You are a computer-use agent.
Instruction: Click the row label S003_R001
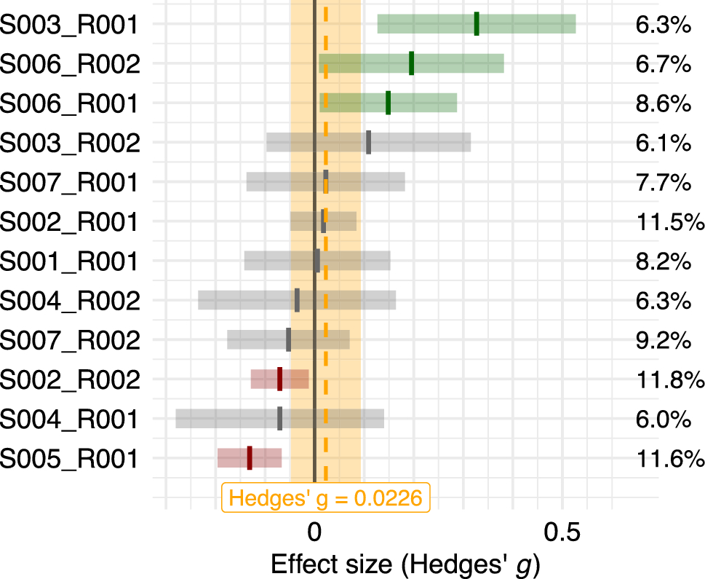coord(69,25)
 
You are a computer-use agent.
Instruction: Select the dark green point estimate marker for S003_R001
coord(477,24)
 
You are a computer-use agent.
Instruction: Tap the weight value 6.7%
coord(662,65)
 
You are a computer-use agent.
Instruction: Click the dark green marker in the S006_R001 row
coord(388,103)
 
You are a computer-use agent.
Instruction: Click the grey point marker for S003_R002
coord(368,142)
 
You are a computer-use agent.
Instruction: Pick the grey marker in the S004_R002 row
coord(297,300)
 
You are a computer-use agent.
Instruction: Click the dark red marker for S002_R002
coord(279,379)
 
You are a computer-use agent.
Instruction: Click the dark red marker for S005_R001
coord(250,457)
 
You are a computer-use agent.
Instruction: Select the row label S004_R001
coord(69,419)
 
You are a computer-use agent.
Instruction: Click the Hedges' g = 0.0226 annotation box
coord(325,498)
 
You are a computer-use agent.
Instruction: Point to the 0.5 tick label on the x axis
coord(562,532)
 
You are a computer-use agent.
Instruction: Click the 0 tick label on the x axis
coord(314,532)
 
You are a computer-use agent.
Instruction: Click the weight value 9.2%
coord(662,340)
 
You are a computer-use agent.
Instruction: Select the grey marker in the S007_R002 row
coord(288,339)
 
